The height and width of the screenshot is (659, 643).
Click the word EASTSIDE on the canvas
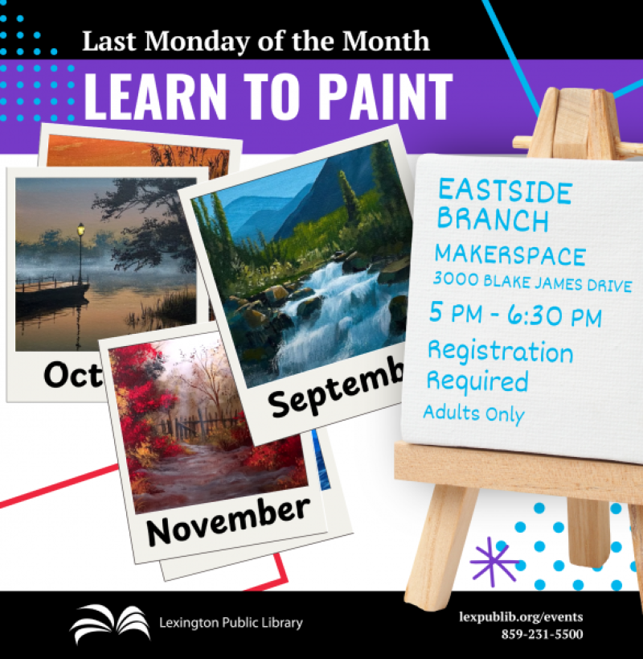[505, 192]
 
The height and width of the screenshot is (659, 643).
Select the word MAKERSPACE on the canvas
[510, 255]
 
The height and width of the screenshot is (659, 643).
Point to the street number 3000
[456, 279]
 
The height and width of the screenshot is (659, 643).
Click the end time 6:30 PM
[555, 315]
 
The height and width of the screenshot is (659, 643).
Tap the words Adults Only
[474, 413]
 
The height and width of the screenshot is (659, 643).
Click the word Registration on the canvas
[500, 352]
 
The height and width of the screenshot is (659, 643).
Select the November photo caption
[228, 521]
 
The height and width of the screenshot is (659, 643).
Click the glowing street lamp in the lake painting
[80, 229]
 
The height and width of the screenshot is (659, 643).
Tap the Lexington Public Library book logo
[110, 623]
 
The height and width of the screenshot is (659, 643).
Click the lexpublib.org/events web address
[521, 616]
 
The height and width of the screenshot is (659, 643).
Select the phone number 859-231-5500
[542, 634]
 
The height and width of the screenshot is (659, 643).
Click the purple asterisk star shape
[494, 561]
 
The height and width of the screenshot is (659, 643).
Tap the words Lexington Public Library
[231, 623]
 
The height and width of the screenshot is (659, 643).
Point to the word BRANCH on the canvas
[493, 219]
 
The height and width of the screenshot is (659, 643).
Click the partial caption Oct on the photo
[72, 374]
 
